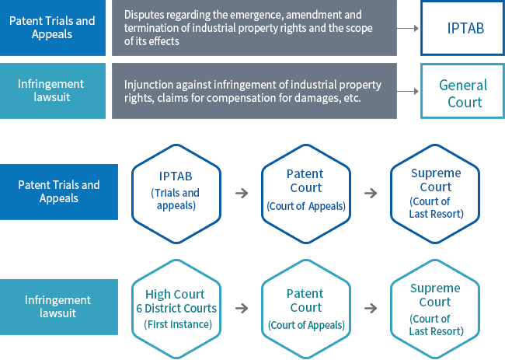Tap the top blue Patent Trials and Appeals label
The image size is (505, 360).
pyautogui.click(x=52, y=28)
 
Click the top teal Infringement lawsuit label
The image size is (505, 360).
pyautogui.click(x=52, y=92)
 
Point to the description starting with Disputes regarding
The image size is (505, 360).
pyautogui.click(x=254, y=28)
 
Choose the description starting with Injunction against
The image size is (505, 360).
pyautogui.click(x=254, y=92)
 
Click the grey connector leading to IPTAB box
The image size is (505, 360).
pyautogui.click(x=408, y=29)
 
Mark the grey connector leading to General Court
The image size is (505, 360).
pyautogui.click(x=408, y=92)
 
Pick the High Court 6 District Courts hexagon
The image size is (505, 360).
pyautogui.click(x=179, y=308)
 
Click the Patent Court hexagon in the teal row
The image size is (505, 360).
pyautogui.click(x=305, y=308)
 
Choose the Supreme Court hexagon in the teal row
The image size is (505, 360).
pyautogui.click(x=435, y=308)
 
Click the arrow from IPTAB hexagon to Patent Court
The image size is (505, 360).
pyautogui.click(x=242, y=193)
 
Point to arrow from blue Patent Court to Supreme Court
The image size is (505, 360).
pyautogui.click(x=371, y=193)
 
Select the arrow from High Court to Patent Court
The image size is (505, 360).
pyautogui.click(x=242, y=308)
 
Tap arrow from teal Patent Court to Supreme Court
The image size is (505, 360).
pyautogui.click(x=371, y=308)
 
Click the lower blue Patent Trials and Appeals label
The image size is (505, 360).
pyautogui.click(x=59, y=192)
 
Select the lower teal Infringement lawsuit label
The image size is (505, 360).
pyautogui.click(x=59, y=306)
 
